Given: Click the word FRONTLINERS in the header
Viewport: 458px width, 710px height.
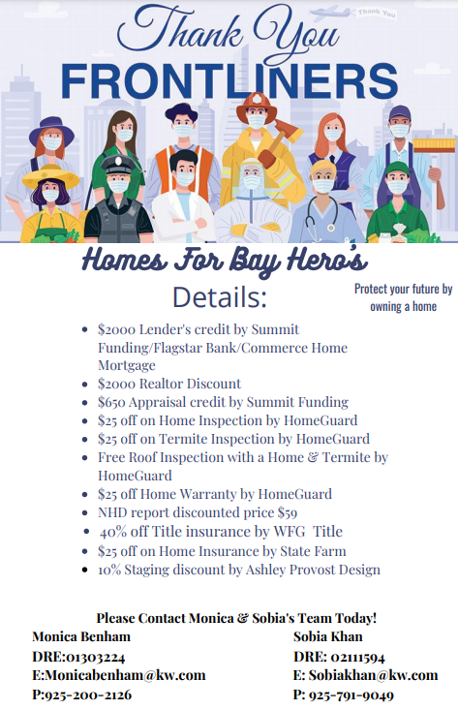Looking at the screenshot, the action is [x=229, y=80].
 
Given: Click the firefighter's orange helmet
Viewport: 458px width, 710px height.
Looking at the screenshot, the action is [x=257, y=106].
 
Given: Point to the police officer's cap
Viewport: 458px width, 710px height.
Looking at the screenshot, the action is [x=118, y=166].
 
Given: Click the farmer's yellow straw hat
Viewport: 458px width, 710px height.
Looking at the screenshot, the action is [x=50, y=175].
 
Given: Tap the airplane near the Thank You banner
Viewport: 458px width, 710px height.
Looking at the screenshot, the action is [x=331, y=13].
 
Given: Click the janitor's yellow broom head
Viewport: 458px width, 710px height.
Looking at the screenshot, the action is [x=434, y=145].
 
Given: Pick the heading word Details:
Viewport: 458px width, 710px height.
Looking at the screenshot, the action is [x=220, y=297].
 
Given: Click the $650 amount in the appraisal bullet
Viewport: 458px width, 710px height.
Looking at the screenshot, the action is [x=111, y=402].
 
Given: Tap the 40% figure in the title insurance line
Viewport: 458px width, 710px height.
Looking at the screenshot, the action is [x=113, y=532].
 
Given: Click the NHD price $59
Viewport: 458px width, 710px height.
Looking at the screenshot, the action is [x=288, y=512].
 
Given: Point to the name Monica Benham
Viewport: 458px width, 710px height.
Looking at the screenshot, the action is [x=81, y=636].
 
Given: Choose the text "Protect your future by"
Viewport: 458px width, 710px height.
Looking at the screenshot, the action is [x=403, y=289].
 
